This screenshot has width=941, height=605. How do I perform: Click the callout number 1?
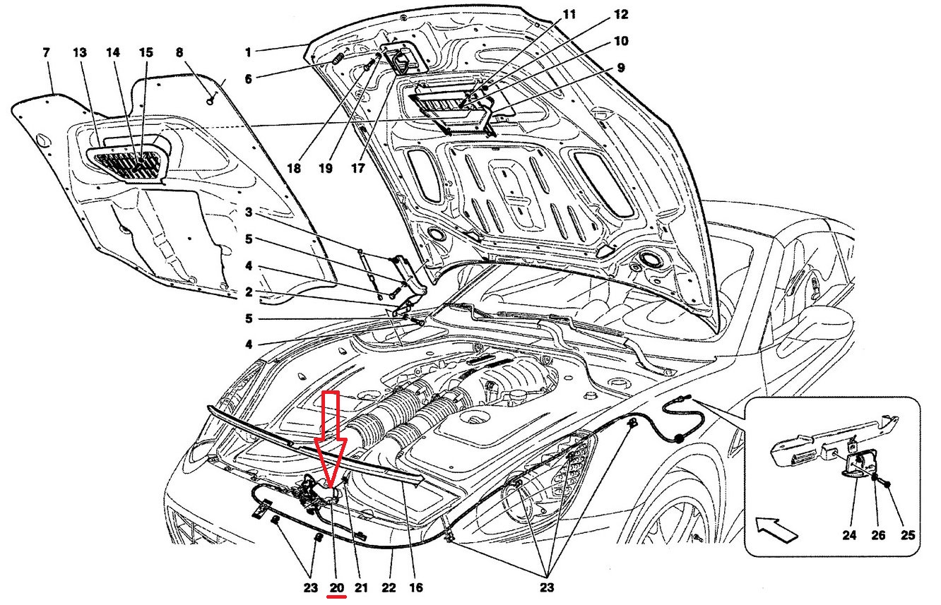249,52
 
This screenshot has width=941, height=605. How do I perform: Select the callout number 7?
47,52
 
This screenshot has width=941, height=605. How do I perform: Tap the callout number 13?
80,52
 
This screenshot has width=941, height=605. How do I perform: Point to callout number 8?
179,52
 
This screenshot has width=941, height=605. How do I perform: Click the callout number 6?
249,78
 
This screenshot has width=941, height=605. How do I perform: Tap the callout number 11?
569,13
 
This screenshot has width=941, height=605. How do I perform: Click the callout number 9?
620,68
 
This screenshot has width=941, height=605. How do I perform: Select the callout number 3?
249,212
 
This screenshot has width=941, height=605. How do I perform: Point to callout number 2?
249,292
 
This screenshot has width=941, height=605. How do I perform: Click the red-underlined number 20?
337,587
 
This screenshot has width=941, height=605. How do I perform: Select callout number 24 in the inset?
849,536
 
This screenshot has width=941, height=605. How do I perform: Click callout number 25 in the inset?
908,536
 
